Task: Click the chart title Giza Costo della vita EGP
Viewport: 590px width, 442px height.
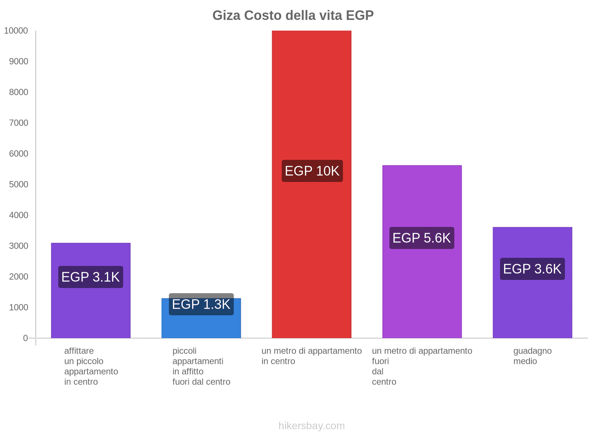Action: tap(293, 15)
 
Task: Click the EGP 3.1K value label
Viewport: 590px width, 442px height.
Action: tap(91, 277)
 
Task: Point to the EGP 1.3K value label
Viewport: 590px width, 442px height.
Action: tap(201, 305)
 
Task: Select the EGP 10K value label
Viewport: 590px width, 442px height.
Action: tap(312, 171)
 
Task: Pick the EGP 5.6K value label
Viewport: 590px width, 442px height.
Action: tap(421, 238)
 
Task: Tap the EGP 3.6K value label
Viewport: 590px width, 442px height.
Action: tap(532, 269)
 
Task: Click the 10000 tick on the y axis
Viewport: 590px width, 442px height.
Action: tap(16, 31)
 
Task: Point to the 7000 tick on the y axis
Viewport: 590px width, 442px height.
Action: tap(18, 123)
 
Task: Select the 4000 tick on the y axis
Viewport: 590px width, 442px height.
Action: tap(18, 215)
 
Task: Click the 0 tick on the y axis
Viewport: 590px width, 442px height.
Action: tap(25, 338)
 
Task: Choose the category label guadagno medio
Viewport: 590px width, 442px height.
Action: tap(532, 356)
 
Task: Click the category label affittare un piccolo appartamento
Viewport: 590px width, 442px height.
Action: tap(91, 366)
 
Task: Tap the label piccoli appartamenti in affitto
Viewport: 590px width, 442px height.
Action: tap(201, 366)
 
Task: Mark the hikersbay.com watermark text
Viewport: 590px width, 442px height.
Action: tap(312, 426)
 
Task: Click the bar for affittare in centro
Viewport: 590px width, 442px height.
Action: tap(91, 313)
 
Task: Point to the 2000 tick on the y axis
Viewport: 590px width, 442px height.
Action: tap(18, 277)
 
